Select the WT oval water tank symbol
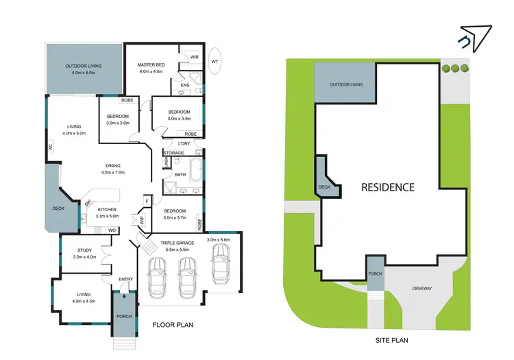[x=215, y=61]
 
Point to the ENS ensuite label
[x=184, y=85]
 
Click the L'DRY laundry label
[x=184, y=143]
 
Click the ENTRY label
[x=125, y=279]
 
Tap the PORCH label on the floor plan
[x=124, y=316]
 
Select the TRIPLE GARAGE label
[x=178, y=243]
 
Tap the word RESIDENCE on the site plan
[x=388, y=187]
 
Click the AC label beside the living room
[x=51, y=146]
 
